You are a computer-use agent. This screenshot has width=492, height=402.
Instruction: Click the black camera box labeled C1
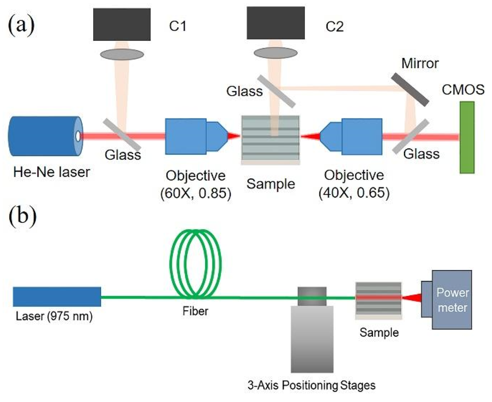pos(122,24)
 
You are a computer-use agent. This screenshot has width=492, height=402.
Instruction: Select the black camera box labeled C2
pos(276,23)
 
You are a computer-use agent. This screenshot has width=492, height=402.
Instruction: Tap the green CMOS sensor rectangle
pos(467,137)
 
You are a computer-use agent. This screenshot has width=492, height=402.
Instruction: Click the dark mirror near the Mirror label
pos(410,89)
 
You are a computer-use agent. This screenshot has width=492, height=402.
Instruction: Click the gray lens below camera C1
pos(122,54)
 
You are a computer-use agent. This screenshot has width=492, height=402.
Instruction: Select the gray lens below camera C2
pos(276,53)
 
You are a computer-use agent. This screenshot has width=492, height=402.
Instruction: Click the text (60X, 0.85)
pos(196,193)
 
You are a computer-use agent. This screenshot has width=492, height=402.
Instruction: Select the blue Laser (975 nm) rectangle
pos(57,297)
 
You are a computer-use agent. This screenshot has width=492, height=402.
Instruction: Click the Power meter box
pos(452,300)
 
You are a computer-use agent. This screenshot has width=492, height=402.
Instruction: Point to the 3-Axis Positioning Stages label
pos(311,385)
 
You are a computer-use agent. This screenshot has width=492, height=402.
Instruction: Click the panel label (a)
pos(21,25)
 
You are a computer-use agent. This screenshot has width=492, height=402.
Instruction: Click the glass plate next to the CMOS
pos(411,136)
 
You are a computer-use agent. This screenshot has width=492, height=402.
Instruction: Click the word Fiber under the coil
pos(195,311)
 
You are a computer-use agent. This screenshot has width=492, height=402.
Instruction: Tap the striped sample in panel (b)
pos(378,300)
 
